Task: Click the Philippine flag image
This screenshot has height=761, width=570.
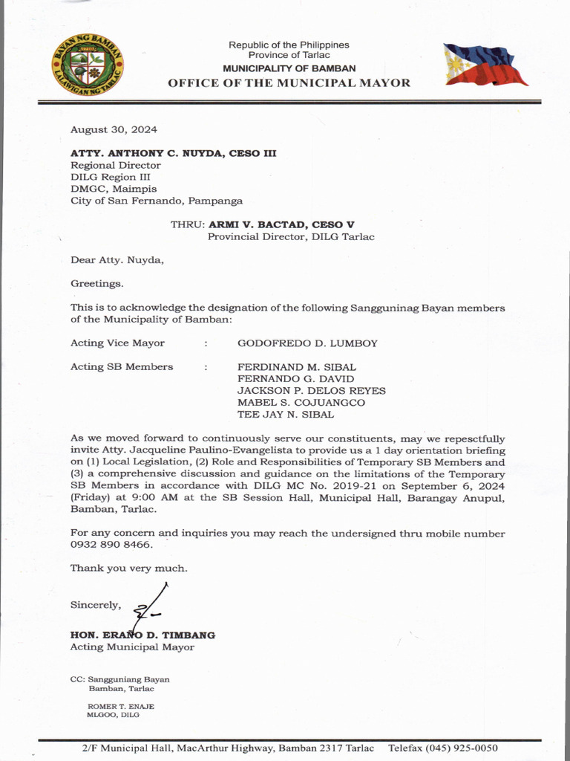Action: [485, 65]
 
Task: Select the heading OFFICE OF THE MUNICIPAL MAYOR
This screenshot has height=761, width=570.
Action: [289, 82]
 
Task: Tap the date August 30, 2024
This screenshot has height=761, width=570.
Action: [114, 129]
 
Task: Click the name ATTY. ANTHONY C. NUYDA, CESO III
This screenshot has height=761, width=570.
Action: [173, 153]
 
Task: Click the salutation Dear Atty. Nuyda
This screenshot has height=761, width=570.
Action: [117, 260]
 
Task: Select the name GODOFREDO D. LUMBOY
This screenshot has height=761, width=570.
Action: [307, 343]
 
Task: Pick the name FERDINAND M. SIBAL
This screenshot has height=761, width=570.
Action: [297, 367]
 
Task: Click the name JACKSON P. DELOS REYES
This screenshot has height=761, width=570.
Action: [311, 391]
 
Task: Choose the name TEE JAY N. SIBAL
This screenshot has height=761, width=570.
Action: [285, 415]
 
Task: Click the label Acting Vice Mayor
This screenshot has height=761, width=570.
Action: [117, 343]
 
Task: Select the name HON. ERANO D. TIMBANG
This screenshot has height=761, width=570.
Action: [142, 635]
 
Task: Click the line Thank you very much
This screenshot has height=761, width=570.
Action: [129, 569]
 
